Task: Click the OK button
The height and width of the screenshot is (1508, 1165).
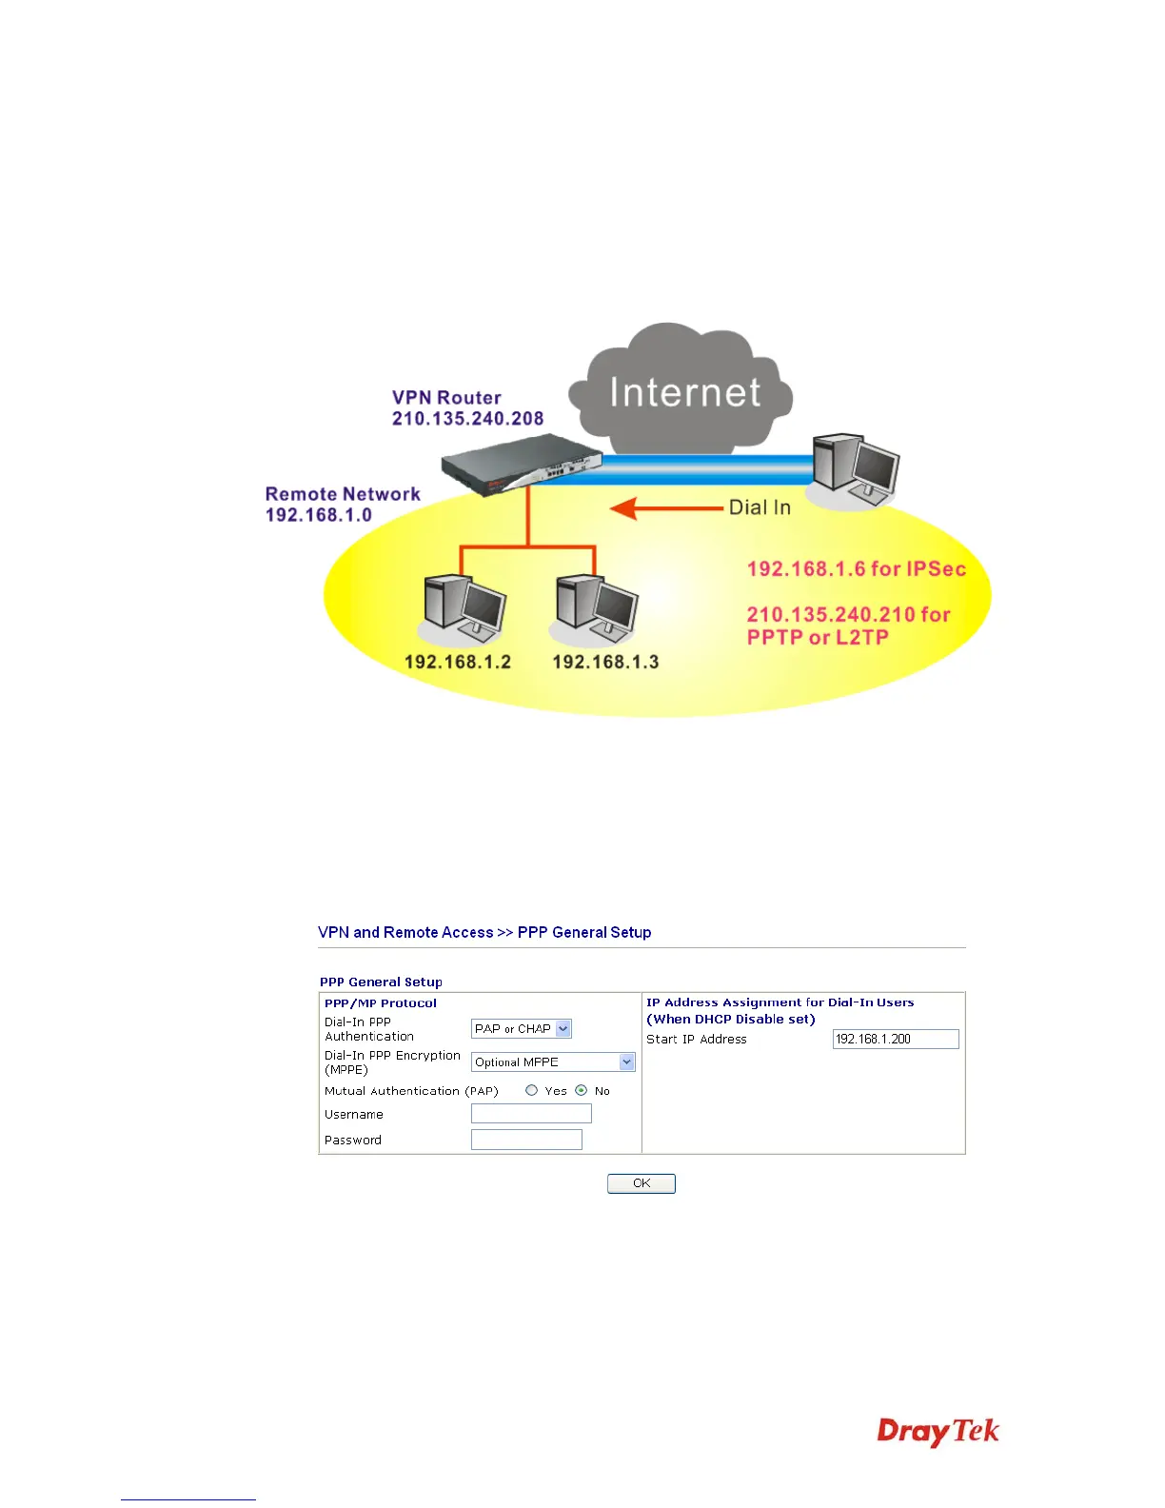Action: click(642, 1183)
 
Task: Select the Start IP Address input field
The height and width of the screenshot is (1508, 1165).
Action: click(896, 1039)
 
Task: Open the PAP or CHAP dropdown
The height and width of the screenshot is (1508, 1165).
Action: click(522, 1029)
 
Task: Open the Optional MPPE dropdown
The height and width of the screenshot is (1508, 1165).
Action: click(553, 1062)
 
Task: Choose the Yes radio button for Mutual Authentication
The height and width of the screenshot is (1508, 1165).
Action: click(532, 1090)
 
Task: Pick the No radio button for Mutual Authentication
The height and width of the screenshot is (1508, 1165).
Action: click(582, 1090)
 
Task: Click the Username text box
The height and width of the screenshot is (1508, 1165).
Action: click(531, 1114)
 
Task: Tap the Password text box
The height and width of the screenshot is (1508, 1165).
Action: click(526, 1140)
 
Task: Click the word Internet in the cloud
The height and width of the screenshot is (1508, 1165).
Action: click(684, 392)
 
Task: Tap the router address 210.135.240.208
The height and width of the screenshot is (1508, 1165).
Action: click(467, 419)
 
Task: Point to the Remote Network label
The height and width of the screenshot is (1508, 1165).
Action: click(343, 494)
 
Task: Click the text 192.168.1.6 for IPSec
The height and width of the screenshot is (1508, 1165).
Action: click(856, 569)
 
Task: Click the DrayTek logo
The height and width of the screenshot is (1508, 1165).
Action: click(938, 1432)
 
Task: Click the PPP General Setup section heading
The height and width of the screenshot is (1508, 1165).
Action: click(381, 982)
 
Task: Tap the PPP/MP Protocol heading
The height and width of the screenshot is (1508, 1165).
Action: click(381, 1002)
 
